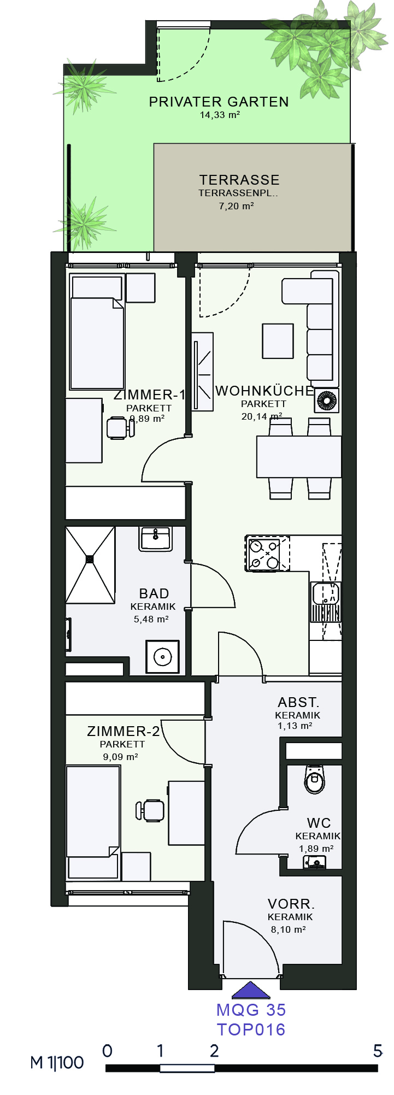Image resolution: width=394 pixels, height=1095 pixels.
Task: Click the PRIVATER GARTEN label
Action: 219,102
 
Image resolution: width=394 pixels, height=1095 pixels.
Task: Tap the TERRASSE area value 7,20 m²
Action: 236,206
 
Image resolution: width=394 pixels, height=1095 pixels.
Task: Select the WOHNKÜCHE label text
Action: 264,391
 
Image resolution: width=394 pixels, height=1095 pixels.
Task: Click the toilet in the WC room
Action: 314,779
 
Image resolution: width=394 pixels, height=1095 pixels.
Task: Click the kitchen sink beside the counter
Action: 326,602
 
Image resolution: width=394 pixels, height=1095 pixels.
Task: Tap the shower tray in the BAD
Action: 90,565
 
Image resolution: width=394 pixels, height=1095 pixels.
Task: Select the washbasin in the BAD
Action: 156,539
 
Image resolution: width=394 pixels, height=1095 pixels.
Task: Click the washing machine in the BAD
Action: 162,657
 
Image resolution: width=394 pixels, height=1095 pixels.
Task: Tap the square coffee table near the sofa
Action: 278,341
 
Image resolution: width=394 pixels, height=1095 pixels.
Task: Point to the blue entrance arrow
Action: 251,991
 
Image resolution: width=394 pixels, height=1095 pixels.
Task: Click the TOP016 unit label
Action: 251,1030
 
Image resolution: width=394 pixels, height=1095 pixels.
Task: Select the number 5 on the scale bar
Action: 378,1051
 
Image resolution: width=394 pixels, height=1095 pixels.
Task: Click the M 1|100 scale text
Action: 57,1063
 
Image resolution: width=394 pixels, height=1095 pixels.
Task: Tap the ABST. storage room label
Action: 298,702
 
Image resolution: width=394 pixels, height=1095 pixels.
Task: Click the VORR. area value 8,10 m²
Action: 288,929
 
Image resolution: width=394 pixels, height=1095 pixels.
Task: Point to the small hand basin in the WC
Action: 315,862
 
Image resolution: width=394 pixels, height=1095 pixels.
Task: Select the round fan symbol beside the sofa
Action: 327,401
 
